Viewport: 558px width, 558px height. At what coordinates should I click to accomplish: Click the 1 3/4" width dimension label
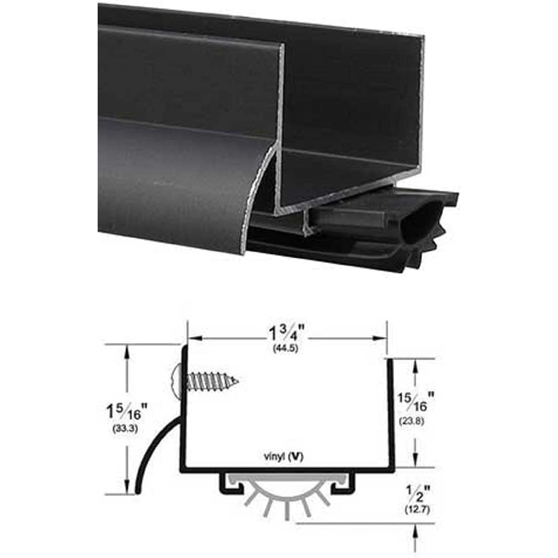coord(287,334)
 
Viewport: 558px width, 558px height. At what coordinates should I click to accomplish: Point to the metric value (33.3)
coord(127,430)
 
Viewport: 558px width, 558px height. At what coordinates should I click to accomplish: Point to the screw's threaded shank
coord(215,381)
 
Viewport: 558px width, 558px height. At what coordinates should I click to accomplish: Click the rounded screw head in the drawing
coord(177,381)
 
